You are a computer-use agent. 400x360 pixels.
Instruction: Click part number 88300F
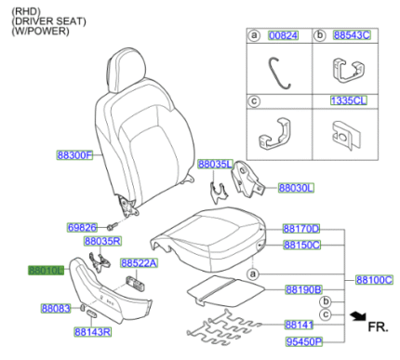75,154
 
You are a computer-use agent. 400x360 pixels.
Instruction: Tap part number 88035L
215,164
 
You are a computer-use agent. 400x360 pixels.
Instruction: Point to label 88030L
297,187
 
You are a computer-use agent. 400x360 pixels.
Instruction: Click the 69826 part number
82,227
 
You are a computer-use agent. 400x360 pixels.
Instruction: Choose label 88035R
103,241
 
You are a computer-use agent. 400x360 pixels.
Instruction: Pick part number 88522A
139,263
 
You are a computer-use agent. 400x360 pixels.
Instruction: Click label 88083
55,307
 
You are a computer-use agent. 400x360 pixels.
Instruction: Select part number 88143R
93,330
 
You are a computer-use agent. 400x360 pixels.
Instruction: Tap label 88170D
301,228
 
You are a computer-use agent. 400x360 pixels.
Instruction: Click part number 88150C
301,245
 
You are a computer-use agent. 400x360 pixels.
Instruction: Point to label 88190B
302,289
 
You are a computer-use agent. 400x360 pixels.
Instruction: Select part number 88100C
374,279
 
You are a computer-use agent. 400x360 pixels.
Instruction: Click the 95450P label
302,341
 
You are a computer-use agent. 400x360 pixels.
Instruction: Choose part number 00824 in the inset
283,34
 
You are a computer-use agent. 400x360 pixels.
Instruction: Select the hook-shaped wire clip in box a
275,71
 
